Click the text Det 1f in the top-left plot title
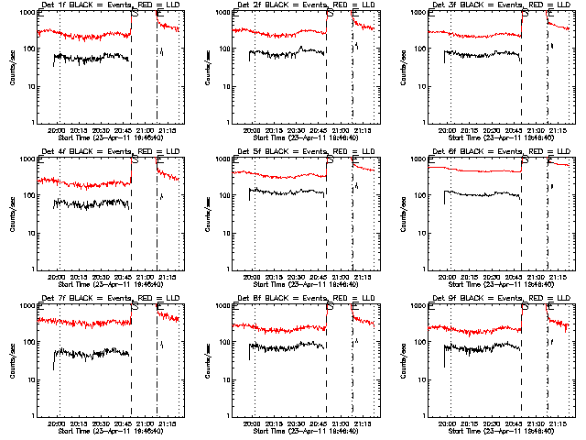pyautogui.click(x=53, y=6)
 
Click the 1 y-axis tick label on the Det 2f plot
pyautogui.click(x=226, y=123)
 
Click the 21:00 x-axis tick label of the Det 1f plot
pyautogui.click(x=145, y=131)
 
